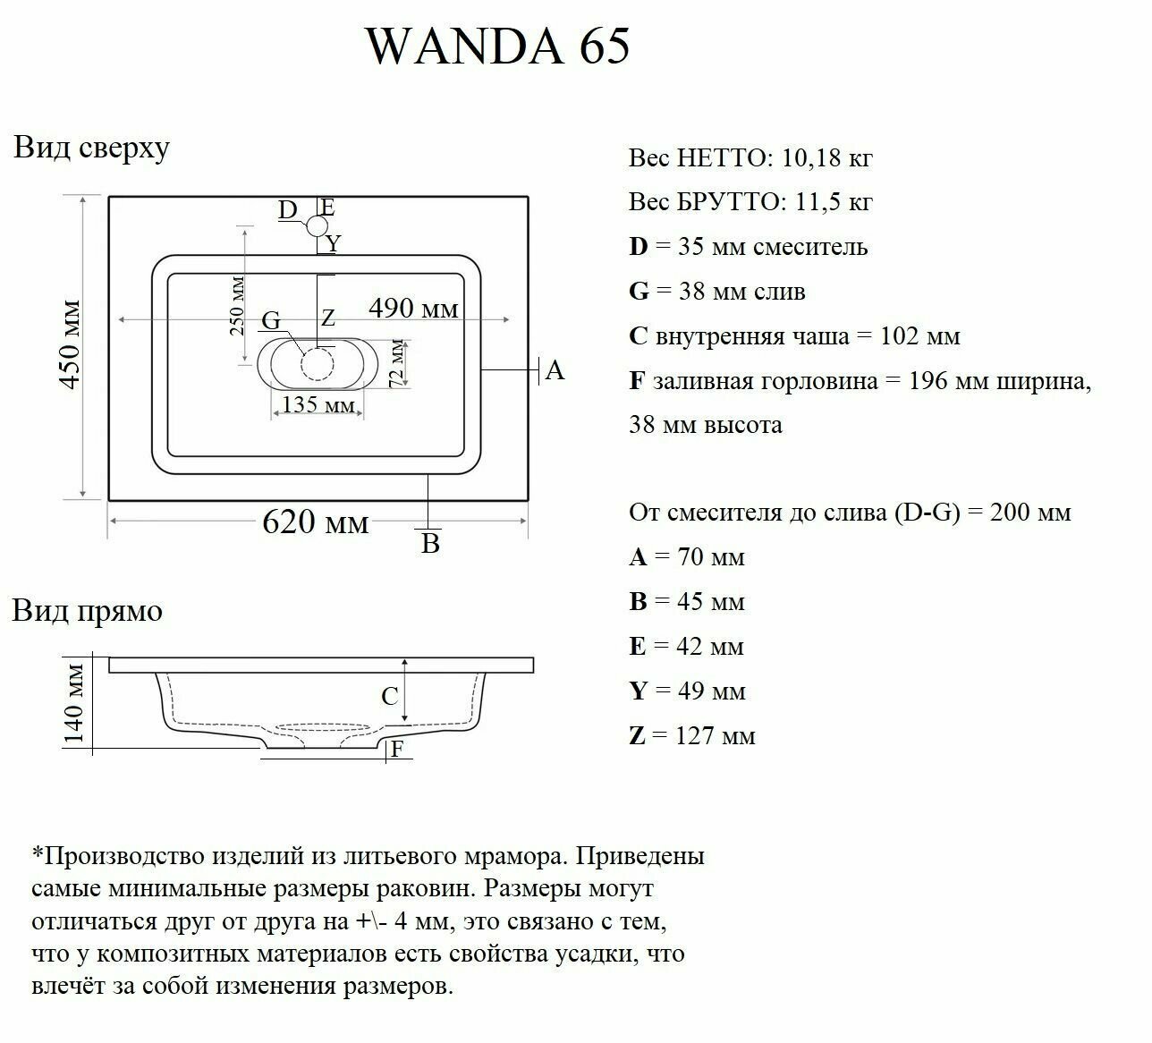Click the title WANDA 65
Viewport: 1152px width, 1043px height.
[x=498, y=47]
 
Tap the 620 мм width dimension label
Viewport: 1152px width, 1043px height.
[x=315, y=521]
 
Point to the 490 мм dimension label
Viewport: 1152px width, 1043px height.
[x=413, y=308]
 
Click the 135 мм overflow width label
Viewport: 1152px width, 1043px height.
[x=318, y=404]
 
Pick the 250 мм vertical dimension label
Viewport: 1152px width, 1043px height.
[x=236, y=306]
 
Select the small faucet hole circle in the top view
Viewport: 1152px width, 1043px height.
[x=318, y=226]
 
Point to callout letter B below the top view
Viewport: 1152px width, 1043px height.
[x=430, y=544]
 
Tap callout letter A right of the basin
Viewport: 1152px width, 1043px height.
[x=555, y=370]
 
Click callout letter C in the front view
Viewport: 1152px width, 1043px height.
[x=390, y=696]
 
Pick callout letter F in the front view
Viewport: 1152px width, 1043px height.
[x=397, y=750]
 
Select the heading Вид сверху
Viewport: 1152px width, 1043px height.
[x=91, y=148]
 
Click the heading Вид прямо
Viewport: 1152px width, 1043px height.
[x=88, y=612]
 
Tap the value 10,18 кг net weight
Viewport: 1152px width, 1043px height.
[x=826, y=158]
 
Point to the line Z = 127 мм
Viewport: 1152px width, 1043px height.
[x=692, y=736]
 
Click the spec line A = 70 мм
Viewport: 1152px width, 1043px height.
[x=687, y=557]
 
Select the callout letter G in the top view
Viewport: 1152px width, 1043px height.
[x=270, y=321]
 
